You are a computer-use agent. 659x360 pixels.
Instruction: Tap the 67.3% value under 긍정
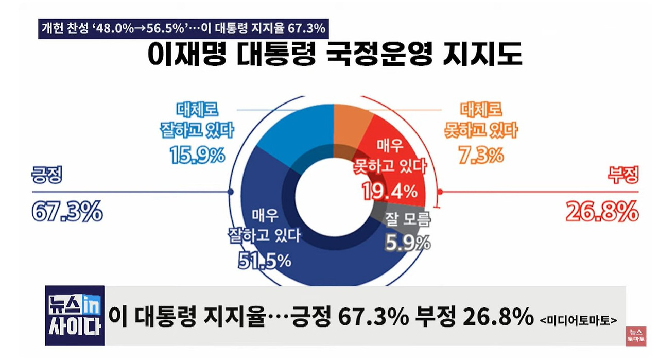pyautogui.click(x=67, y=212)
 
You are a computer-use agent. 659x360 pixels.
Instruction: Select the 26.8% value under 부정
pyautogui.click(x=602, y=211)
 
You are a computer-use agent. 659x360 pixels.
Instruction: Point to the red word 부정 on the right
pyautogui.click(x=623, y=177)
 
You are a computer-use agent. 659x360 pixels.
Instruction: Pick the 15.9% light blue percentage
pyautogui.click(x=197, y=154)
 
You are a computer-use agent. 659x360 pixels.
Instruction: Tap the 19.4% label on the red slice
pyautogui.click(x=389, y=192)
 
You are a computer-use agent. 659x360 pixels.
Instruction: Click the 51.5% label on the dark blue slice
pyautogui.click(x=264, y=261)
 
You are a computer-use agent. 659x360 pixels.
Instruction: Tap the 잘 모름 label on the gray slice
pyautogui.click(x=407, y=221)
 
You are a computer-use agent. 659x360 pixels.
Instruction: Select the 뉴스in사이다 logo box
pyautogui.click(x=75, y=315)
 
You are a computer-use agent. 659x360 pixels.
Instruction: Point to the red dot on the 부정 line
pyautogui.click(x=440, y=192)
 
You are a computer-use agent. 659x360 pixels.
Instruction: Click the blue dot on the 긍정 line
pyautogui.click(x=230, y=192)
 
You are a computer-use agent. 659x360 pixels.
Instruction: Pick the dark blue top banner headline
pyautogui.click(x=183, y=28)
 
